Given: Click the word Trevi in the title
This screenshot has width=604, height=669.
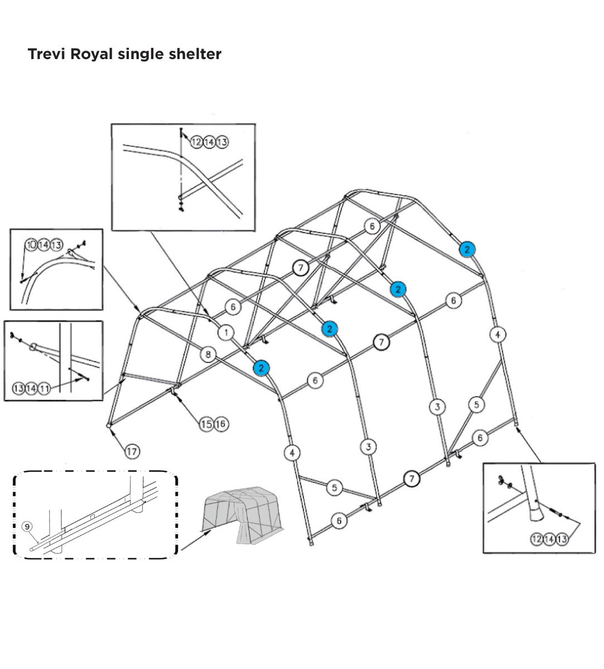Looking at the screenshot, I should pos(46,54).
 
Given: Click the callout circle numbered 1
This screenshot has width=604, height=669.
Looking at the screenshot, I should pos(225,333).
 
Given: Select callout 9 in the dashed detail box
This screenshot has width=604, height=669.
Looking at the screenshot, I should pos(26,526).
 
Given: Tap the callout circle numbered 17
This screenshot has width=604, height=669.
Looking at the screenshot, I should pos(132,452).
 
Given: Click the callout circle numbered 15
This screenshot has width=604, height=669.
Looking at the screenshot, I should pos(207,424).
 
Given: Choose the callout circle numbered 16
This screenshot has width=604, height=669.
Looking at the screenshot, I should pos(220,424).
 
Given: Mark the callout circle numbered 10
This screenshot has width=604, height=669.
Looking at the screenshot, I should pos(31,244).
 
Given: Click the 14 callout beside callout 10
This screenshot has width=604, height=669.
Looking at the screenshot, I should pos(44,244).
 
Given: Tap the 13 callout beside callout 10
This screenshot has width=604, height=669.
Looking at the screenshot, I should pos(56,244).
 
